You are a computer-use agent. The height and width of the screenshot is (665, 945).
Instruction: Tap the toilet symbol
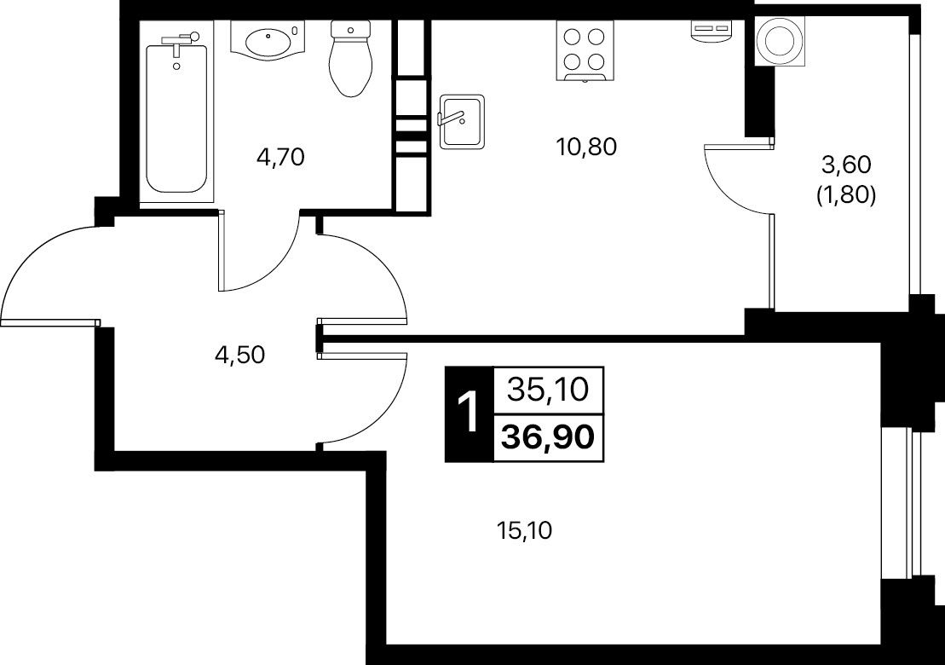[x=349, y=59]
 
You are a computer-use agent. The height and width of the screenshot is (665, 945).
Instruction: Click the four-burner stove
[x=585, y=50]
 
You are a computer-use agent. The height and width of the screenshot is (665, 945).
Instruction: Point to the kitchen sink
[x=462, y=122]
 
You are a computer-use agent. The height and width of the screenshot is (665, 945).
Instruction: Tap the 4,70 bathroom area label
[x=281, y=158]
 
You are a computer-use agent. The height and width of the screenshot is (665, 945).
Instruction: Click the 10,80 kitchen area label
[x=587, y=147]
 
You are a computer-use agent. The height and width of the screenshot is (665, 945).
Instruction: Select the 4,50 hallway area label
[x=239, y=356]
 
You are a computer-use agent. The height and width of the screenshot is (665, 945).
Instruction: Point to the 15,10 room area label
[x=524, y=530]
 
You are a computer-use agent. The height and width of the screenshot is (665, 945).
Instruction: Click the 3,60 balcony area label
[x=846, y=164]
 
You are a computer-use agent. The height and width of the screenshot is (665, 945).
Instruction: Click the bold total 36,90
[x=548, y=437]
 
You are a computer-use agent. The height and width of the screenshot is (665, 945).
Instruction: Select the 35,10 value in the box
[x=548, y=390]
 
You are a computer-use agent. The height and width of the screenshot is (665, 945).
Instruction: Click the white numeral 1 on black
[x=469, y=413]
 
